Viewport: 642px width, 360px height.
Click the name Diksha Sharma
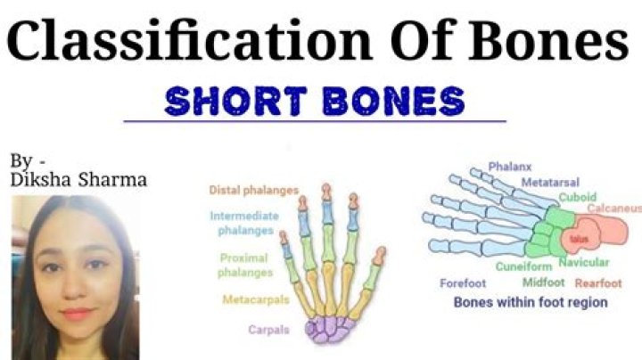coord(78,181)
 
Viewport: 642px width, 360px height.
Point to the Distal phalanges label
coord(253,190)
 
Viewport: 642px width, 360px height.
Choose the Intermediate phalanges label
coord(244,222)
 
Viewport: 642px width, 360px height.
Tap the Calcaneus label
coord(613,209)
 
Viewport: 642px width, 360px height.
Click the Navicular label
coord(584,262)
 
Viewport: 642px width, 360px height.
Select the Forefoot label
coord(464,283)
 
